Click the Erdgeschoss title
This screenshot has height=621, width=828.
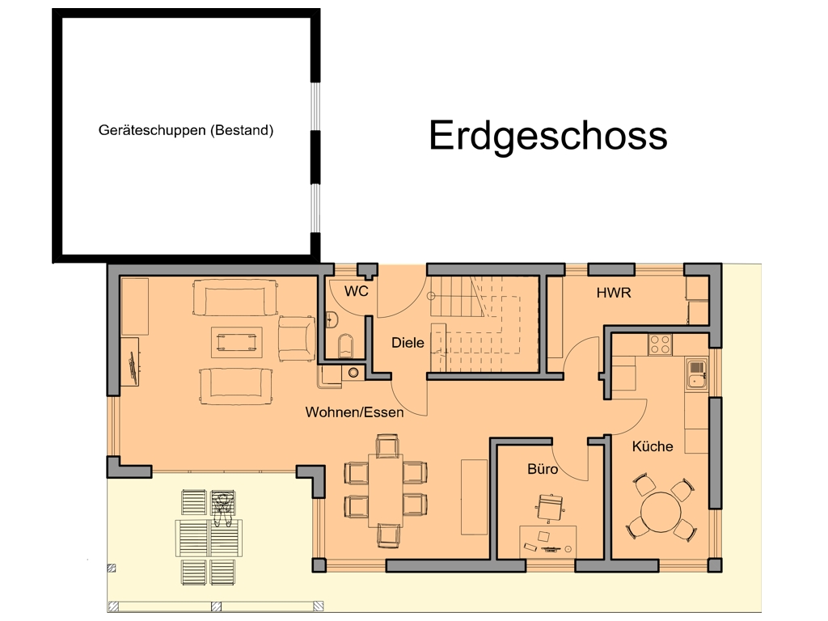click(547, 135)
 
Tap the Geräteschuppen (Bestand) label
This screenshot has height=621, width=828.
click(186, 129)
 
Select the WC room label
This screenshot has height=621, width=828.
click(357, 291)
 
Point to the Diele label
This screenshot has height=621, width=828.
click(408, 342)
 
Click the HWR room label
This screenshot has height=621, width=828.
click(613, 293)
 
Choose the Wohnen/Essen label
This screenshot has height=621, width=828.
click(354, 412)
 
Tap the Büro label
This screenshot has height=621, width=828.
click(543, 468)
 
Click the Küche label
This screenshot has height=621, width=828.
click(653, 446)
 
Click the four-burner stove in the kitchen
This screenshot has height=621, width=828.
click(660, 344)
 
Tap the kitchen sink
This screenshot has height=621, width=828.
click(695, 373)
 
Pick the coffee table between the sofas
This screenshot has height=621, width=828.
click(236, 341)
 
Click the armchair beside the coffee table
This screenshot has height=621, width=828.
click(296, 338)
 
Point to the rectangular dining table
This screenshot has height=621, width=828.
click(386, 490)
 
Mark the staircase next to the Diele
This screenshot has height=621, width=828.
click(484, 323)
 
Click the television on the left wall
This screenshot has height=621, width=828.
click(132, 366)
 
